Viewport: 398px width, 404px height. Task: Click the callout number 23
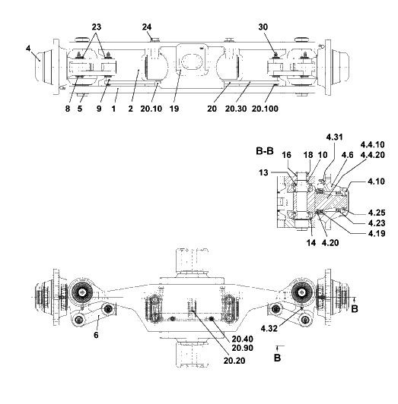click(97, 27)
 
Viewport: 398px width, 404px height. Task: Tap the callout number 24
click(147, 27)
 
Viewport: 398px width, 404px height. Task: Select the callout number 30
click(263, 27)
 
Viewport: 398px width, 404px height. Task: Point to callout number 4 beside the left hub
click(28, 48)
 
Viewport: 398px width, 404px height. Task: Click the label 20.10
click(151, 109)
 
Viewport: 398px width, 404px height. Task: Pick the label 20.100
click(265, 109)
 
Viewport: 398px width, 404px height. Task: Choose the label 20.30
click(236, 109)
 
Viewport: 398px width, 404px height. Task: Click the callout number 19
click(174, 109)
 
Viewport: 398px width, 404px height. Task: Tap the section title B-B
click(265, 151)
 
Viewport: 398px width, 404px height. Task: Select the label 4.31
click(334, 137)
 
